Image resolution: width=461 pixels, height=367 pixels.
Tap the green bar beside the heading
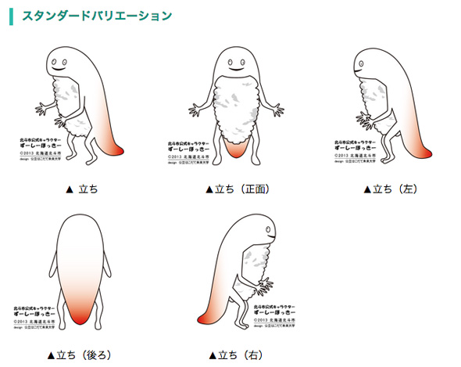(x=10, y=15)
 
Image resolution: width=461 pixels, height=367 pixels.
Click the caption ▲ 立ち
(x=83, y=189)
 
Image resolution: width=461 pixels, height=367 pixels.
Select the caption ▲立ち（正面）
(x=237, y=189)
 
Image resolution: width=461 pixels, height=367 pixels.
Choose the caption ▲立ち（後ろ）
(x=80, y=354)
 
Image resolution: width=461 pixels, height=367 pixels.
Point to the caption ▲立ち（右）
(x=237, y=354)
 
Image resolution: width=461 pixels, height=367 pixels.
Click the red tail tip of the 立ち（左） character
(x=427, y=149)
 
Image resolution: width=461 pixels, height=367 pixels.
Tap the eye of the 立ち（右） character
(x=267, y=229)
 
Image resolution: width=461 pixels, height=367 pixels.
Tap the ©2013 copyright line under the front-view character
(x=188, y=157)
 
